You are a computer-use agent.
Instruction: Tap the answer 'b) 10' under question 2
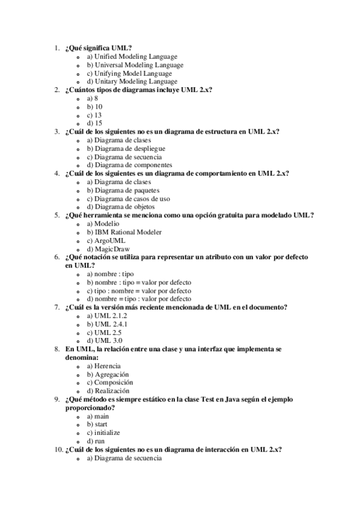[x=94, y=106]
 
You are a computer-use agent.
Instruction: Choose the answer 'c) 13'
[x=94, y=115]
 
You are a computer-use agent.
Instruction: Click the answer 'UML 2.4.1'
[x=107, y=324]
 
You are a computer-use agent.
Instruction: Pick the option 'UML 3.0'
[x=103, y=340]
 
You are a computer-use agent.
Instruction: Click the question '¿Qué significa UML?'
[x=99, y=48]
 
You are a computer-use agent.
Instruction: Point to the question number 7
[x=56, y=307]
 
